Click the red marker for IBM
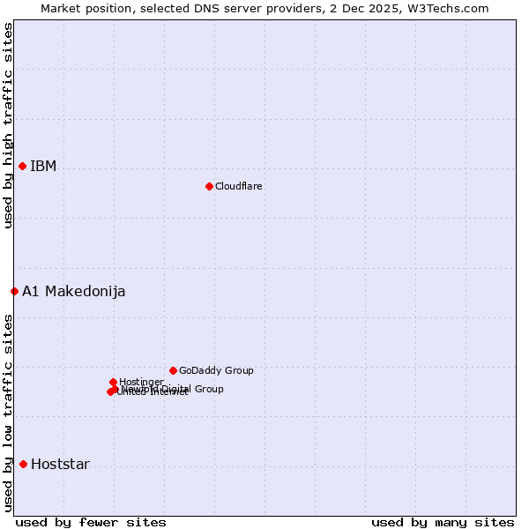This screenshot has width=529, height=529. point(23,166)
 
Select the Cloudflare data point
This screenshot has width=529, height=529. point(209,186)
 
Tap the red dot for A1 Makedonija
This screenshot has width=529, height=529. point(14,291)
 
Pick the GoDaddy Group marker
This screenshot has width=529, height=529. point(173,370)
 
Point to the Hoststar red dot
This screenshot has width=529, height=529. point(23,464)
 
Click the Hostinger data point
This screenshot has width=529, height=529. point(113,382)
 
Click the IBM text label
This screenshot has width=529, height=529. point(43,167)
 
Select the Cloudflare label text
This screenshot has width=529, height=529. point(239,187)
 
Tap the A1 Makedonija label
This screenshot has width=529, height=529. point(74,292)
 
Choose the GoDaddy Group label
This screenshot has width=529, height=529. point(216,371)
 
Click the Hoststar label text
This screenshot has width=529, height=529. point(60,465)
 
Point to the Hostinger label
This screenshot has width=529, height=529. point(142,382)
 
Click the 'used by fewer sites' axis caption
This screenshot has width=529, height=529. point(91,522)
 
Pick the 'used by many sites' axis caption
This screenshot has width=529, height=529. point(443,522)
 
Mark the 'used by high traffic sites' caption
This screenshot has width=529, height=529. point(9,125)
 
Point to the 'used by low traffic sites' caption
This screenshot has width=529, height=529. point(9,412)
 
